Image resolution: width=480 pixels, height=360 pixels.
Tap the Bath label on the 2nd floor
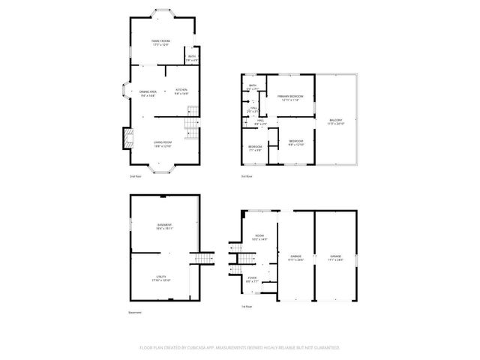(191, 57)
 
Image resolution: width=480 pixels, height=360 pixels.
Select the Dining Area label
(148, 92)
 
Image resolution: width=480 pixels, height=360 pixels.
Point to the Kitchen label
(181, 92)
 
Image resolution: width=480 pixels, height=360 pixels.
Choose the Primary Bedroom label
(289, 98)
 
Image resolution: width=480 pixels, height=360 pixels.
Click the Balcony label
(335, 121)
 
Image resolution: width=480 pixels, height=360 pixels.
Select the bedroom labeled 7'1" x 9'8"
(255, 147)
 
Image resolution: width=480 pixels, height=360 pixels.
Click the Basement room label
(164, 226)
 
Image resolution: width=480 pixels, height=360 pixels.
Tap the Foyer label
(253, 280)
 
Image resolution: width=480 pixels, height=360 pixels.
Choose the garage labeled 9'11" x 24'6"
(296, 258)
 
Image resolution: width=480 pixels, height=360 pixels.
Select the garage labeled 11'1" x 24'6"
(335, 258)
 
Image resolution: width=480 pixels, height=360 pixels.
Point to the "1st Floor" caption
(246, 307)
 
